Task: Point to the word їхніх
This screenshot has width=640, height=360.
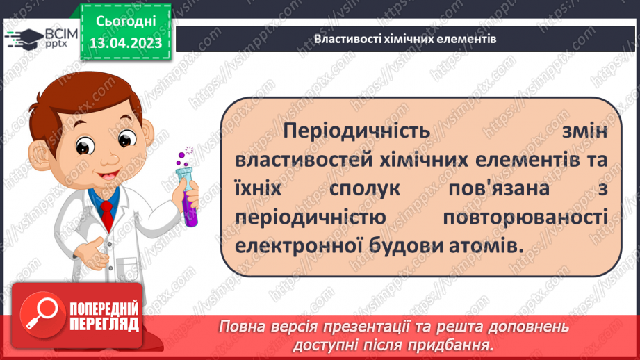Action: [x=261, y=189]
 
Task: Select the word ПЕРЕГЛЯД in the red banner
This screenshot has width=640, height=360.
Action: [x=104, y=324]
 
